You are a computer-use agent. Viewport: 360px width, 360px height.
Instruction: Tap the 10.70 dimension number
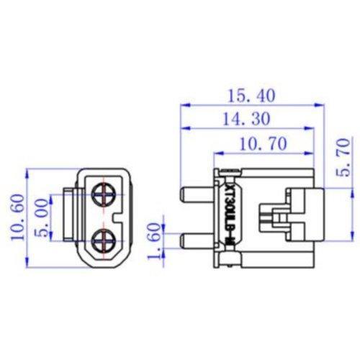pos(257,144)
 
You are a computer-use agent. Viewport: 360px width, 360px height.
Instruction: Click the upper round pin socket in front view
pos(104,193)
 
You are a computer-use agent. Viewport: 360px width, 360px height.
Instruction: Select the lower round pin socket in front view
pos(104,238)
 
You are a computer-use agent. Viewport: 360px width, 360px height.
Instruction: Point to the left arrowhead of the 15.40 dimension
pos(184,106)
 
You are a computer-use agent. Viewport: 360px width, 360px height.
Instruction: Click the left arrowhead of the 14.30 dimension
pos(184,130)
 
